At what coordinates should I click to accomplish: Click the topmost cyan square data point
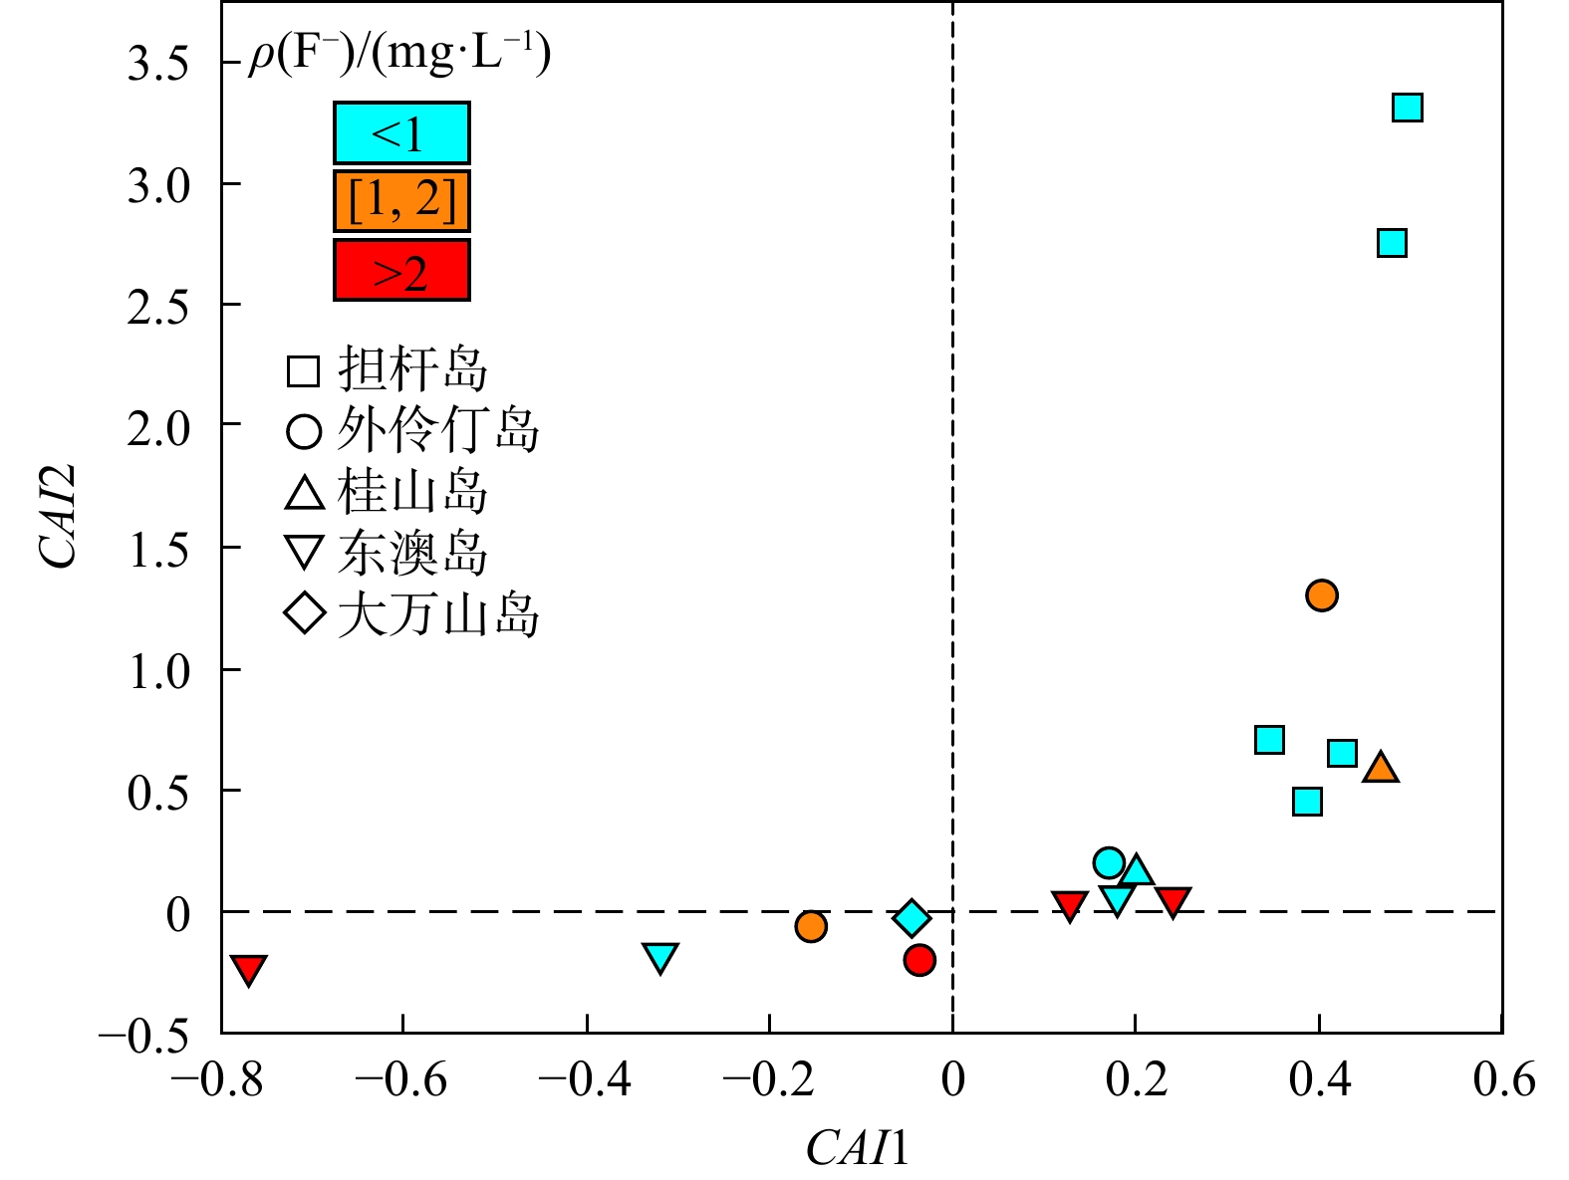(1407, 108)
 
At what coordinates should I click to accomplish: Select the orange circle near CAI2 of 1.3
(1321, 595)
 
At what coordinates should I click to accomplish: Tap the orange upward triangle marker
(1381, 768)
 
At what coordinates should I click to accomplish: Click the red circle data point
(919, 960)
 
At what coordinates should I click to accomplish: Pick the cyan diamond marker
(912, 918)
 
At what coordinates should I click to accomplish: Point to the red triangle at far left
(248, 968)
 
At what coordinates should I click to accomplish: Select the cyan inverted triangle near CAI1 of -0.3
(660, 957)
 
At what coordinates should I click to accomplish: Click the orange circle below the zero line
(811, 926)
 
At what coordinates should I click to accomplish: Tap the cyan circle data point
(1109, 862)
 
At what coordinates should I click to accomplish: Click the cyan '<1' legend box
(401, 133)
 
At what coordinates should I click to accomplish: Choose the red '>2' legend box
(401, 271)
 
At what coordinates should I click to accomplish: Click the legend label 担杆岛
(412, 370)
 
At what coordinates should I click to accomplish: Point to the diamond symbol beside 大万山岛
(304, 613)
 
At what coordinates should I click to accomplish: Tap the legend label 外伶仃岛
(438, 430)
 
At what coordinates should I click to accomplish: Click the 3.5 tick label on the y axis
(158, 64)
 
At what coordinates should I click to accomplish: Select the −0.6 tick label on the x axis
(400, 1079)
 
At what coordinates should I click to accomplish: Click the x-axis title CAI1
(858, 1148)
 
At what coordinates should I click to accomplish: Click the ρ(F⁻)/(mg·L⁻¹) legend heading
(399, 55)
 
